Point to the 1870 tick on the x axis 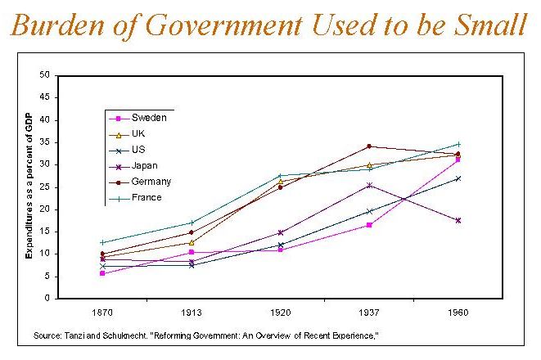click(102, 313)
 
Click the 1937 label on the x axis click(369, 313)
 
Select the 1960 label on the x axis click(458, 313)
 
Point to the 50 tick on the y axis click(46, 75)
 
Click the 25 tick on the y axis click(46, 187)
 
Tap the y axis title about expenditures click(29, 187)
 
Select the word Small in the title click(484, 28)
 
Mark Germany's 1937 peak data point click(369, 146)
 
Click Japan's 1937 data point click(369, 185)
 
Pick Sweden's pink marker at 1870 click(102, 273)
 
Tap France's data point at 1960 click(458, 144)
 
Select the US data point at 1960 click(458, 178)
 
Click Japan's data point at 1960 click(458, 220)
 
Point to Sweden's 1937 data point click(369, 224)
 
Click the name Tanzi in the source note click(70, 335)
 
